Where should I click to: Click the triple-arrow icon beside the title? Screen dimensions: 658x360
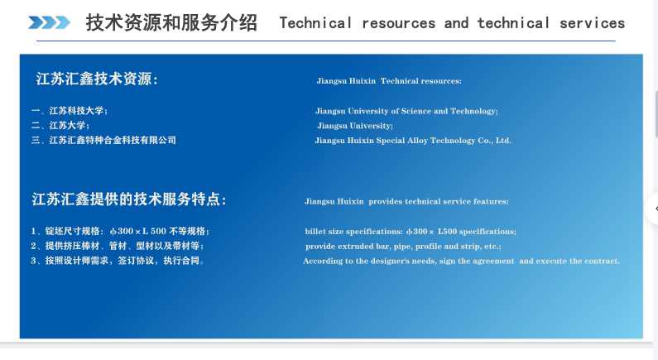(x=49, y=22)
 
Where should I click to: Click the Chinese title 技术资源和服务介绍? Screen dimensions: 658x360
(x=171, y=22)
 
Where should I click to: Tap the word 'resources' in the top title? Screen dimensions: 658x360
(x=399, y=23)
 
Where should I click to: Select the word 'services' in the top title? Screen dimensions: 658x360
(x=592, y=23)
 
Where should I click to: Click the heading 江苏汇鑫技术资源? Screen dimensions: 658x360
(x=97, y=79)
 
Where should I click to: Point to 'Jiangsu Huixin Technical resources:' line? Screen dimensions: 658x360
(x=389, y=81)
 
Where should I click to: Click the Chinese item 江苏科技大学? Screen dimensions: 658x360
(x=70, y=111)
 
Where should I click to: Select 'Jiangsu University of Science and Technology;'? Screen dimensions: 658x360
(x=406, y=111)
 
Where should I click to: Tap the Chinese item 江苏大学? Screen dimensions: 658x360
(x=60, y=126)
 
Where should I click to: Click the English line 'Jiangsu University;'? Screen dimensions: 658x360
(x=355, y=126)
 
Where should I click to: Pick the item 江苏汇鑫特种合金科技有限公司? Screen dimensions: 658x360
(x=103, y=140)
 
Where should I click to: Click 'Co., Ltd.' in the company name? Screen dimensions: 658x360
(x=494, y=141)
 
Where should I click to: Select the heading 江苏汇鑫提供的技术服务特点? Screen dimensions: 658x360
(x=129, y=199)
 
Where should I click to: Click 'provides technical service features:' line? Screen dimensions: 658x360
(x=439, y=201)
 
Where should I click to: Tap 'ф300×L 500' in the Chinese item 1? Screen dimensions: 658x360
(x=138, y=231)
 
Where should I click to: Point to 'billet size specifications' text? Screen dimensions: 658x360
(x=353, y=232)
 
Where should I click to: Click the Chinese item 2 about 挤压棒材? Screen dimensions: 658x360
(x=117, y=246)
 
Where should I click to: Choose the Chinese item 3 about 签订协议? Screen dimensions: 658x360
(x=118, y=261)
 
